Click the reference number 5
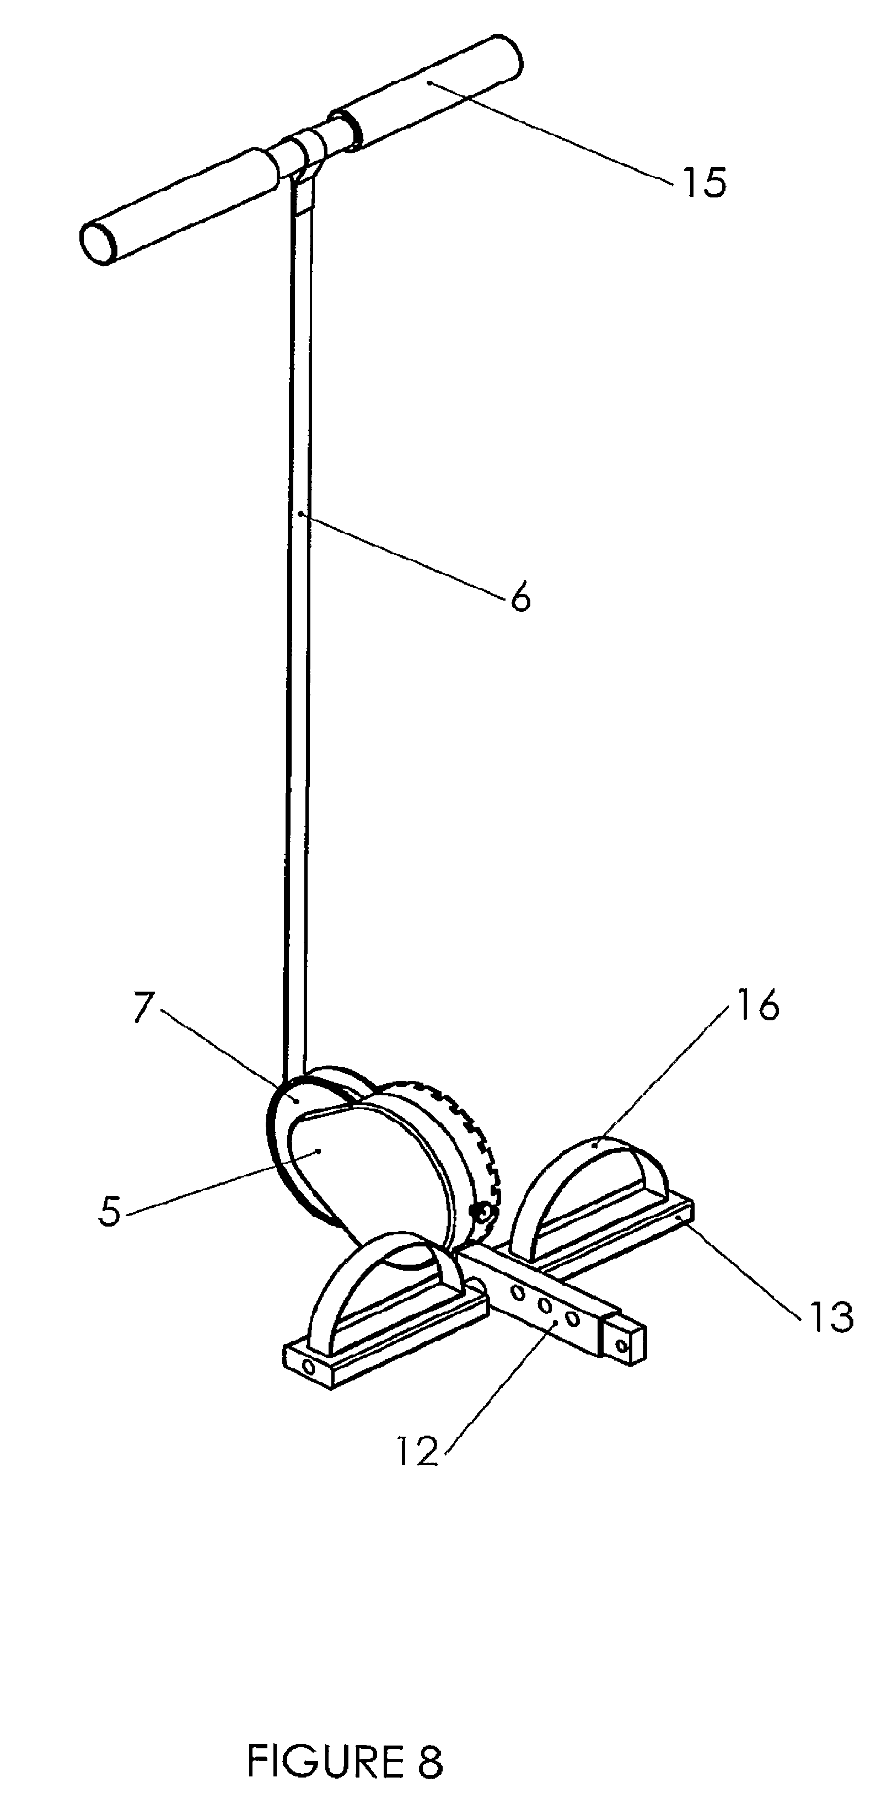pos(110,1212)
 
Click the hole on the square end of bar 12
pos(623,1345)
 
